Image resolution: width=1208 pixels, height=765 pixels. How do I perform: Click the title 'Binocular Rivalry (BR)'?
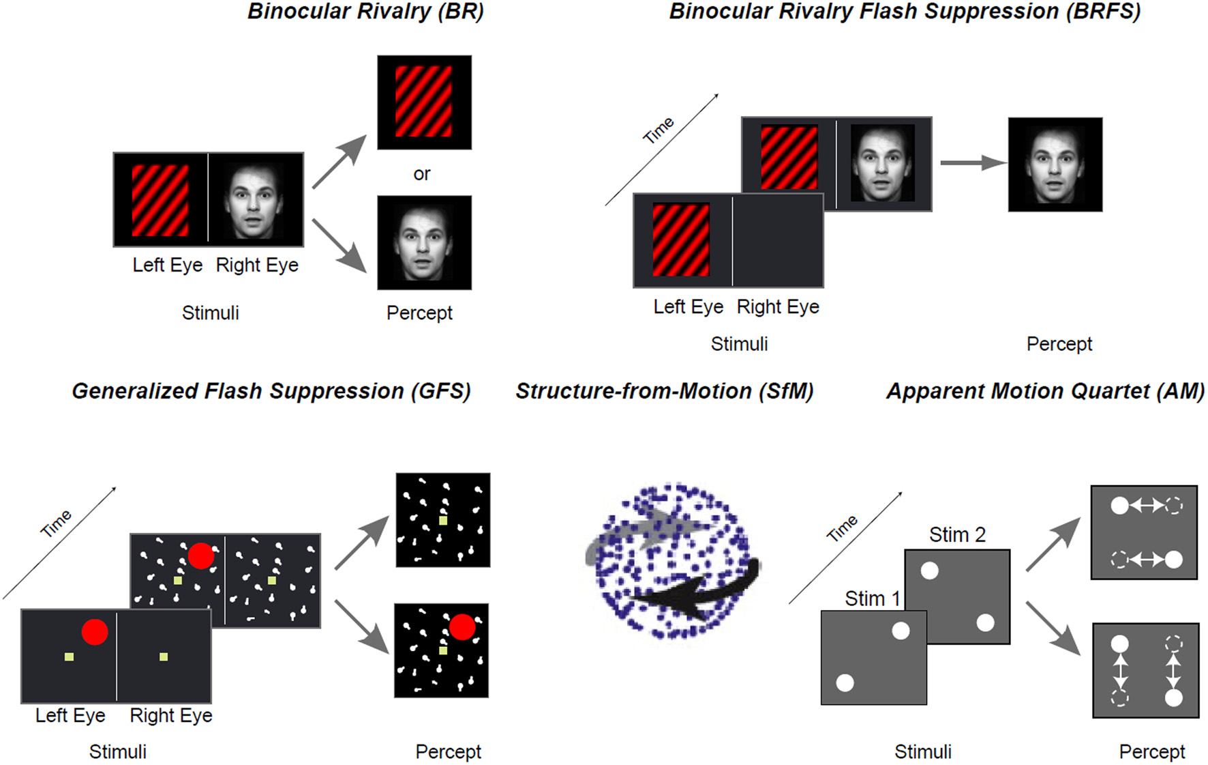[365, 12]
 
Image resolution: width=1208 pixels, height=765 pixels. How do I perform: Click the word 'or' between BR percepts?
[421, 174]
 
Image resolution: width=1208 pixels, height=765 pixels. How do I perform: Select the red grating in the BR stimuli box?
[160, 200]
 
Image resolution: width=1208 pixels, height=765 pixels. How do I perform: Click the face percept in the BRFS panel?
[1055, 165]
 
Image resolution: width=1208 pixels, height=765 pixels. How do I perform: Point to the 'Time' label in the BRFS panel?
[659, 130]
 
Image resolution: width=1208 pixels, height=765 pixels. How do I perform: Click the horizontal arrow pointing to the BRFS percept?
[971, 162]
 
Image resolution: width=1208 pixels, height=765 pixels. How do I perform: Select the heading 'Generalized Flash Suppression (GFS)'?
[271, 391]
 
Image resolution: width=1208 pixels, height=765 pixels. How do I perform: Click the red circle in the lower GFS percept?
[462, 626]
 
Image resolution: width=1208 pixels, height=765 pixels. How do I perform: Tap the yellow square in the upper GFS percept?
[443, 521]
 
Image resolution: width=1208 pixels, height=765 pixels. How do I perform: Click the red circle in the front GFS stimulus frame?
[95, 632]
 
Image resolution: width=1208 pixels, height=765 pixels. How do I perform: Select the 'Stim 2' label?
[957, 534]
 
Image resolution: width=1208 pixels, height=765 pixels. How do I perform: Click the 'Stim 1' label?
[872, 598]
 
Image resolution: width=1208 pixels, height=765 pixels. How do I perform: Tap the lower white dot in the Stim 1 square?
[845, 682]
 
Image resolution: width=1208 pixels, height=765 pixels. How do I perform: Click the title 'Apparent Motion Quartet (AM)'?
[1045, 391]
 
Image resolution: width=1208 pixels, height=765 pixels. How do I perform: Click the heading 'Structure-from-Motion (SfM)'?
[664, 391]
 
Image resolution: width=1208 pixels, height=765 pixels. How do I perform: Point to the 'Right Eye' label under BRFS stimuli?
[778, 307]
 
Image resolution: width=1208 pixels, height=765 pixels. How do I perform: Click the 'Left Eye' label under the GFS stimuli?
[70, 715]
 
